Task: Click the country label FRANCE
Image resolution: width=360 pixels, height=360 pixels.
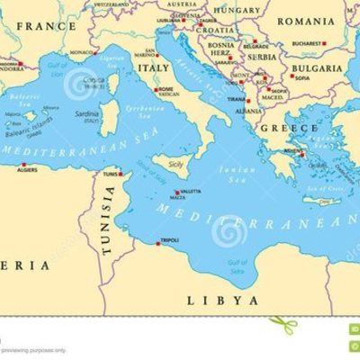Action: (x=43, y=26)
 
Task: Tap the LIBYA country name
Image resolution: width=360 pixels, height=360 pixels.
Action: (x=222, y=300)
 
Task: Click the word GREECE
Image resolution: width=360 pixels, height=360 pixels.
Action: (x=277, y=128)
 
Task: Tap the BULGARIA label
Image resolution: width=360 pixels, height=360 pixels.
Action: (x=316, y=67)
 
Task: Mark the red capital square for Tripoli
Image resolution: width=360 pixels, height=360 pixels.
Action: (x=157, y=239)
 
